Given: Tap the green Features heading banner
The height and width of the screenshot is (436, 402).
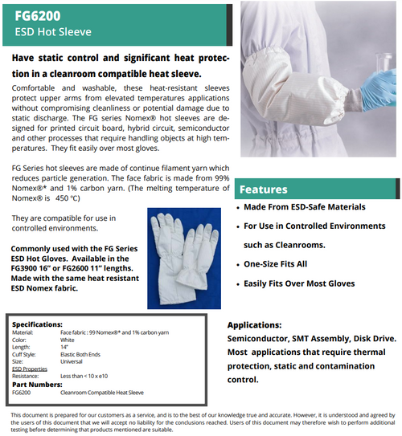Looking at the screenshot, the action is click(317, 189).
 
